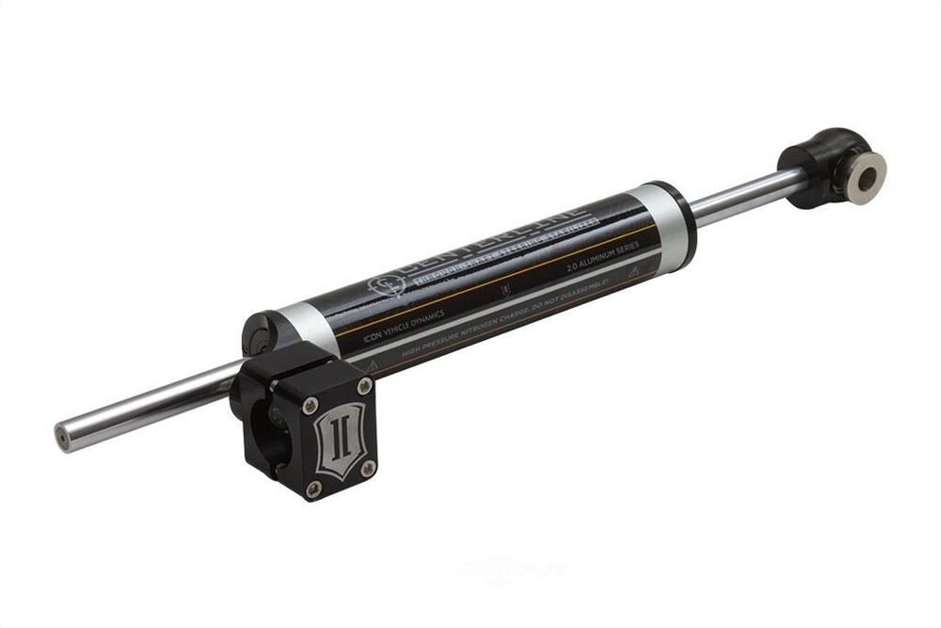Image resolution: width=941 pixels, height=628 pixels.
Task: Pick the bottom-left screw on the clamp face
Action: (x=313, y=487)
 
